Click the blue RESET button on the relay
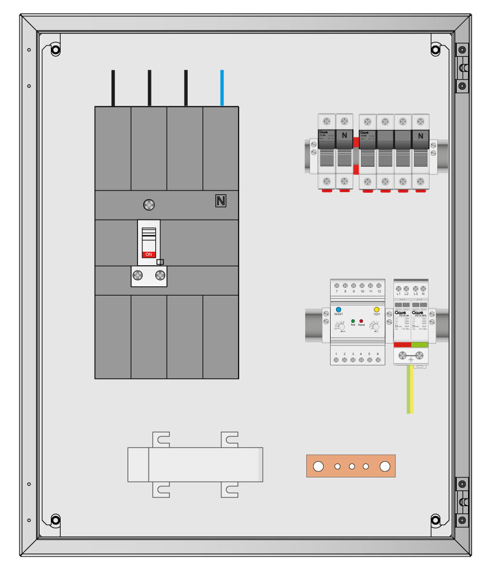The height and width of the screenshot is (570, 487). point(339,310)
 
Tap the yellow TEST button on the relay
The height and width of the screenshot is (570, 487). point(377,310)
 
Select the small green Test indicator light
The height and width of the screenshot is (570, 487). point(353,321)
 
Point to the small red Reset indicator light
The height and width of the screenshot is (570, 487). point(361,321)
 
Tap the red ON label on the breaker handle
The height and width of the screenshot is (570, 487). point(149,254)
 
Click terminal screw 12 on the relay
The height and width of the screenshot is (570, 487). point(379,285)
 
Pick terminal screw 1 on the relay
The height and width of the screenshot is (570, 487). point(337,360)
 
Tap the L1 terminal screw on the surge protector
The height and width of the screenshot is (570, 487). point(399,288)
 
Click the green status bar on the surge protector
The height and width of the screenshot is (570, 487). point(420,344)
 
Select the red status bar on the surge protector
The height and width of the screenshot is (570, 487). point(402,344)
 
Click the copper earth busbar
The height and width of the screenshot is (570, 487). point(351,466)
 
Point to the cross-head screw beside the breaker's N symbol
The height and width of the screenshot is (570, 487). point(149,205)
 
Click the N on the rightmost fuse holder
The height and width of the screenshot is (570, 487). point(420,136)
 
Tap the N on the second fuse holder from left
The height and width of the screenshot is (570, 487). point(344,136)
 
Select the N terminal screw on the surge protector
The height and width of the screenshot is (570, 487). point(424,288)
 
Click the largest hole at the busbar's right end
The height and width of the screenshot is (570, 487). point(385,466)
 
